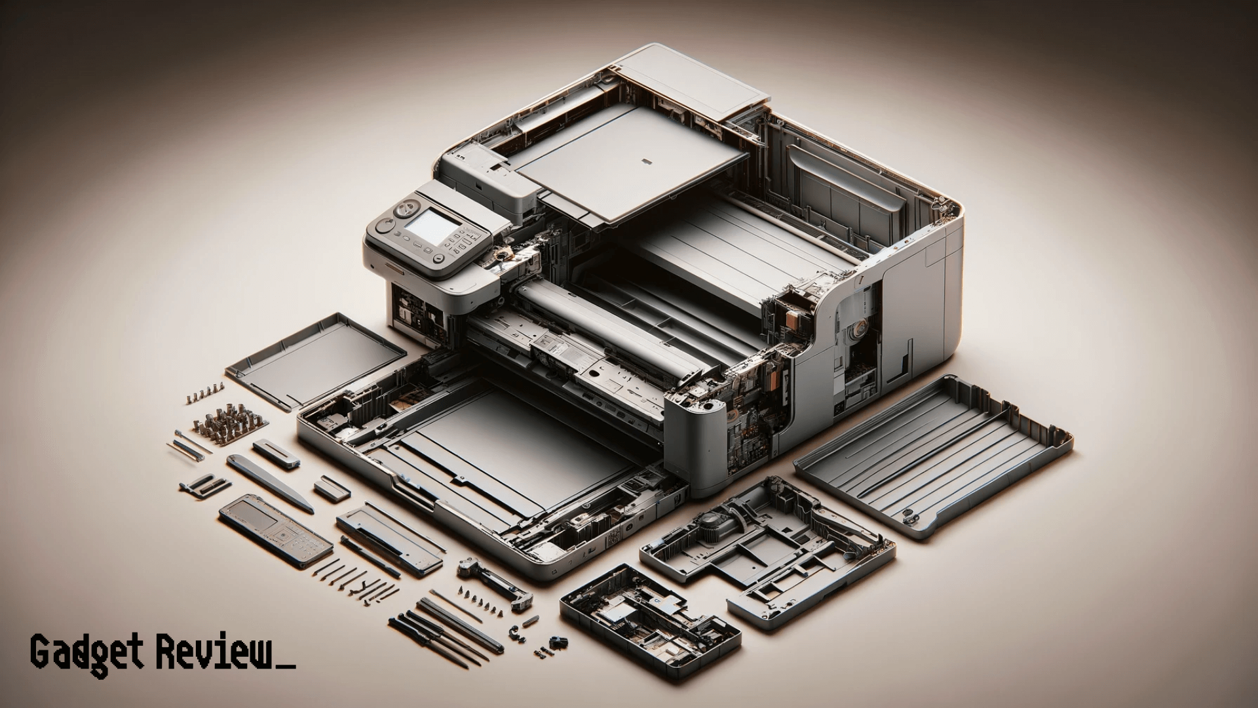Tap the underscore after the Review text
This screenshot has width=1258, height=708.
click(x=287, y=667)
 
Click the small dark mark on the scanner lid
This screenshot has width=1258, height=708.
click(x=645, y=160)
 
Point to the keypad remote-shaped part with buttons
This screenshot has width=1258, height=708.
click(x=275, y=530)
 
